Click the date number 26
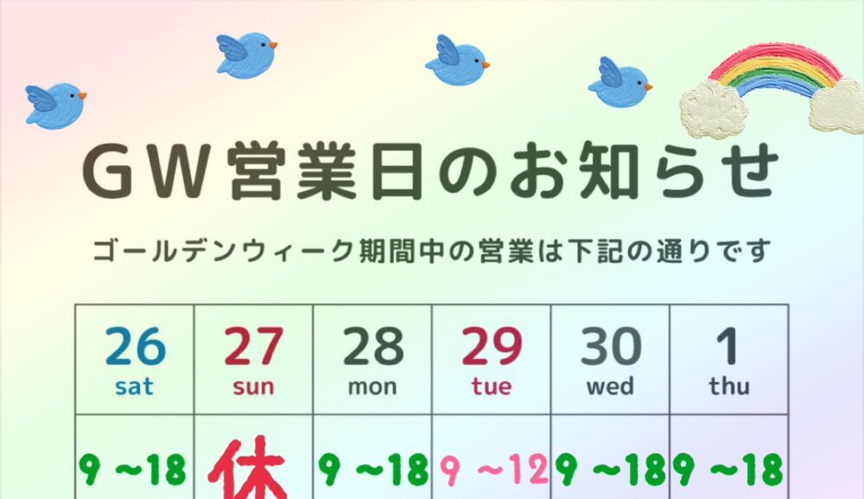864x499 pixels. [x=135, y=347]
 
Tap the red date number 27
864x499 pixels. [x=253, y=347]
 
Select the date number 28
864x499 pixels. [x=372, y=347]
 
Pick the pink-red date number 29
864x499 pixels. [x=492, y=347]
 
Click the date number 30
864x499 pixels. [x=611, y=347]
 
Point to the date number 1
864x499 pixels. [x=728, y=347]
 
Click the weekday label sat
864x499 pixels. [x=135, y=386]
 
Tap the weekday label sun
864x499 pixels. [x=253, y=386]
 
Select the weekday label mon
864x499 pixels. [x=372, y=386]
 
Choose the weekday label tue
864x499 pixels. [x=492, y=386]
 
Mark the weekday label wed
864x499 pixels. [x=611, y=386]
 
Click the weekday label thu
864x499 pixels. [x=728, y=386]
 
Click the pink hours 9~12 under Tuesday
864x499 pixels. [x=493, y=470]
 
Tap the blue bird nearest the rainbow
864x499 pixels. [x=619, y=83]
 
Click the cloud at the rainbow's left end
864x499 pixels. [x=713, y=108]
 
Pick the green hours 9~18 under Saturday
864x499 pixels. [x=133, y=470]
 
